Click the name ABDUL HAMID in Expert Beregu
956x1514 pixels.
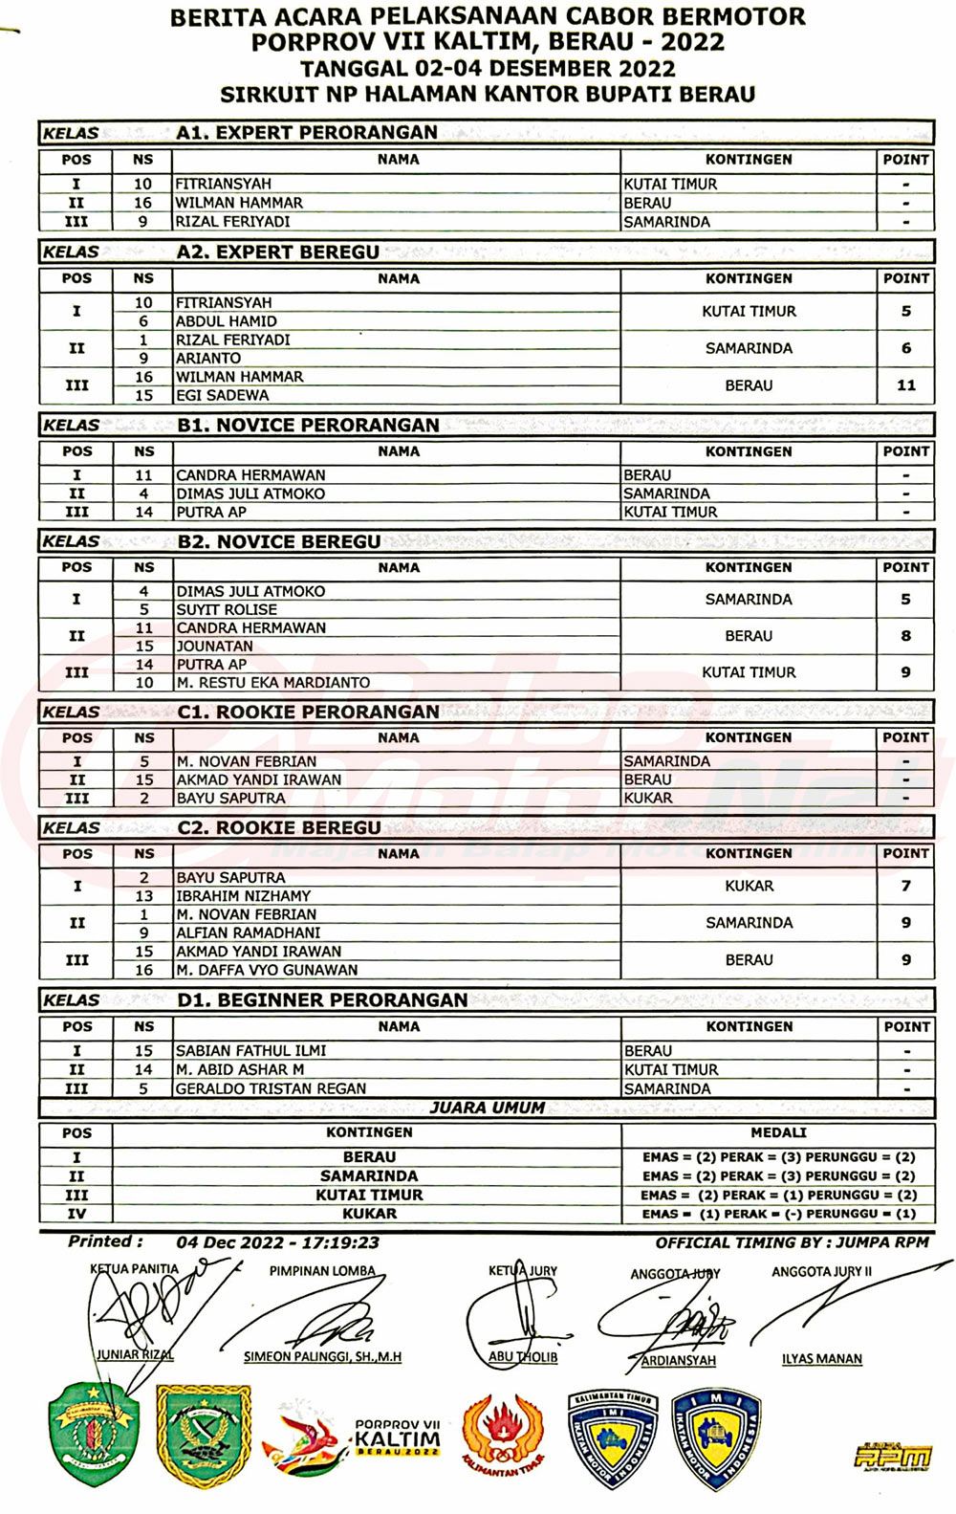tap(227, 321)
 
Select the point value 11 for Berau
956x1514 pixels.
tap(905, 385)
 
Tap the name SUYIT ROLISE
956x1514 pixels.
tap(227, 609)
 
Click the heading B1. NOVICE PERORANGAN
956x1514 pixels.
tap(308, 425)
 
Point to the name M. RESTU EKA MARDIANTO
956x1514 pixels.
tap(272, 682)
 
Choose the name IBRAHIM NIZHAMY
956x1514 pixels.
tap(243, 896)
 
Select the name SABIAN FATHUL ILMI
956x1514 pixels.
tap(250, 1050)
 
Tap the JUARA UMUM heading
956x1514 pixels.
tap(487, 1108)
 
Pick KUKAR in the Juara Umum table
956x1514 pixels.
tap(369, 1214)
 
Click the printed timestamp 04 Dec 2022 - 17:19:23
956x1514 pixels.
tap(277, 1242)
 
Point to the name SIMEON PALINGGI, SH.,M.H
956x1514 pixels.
tap(322, 1356)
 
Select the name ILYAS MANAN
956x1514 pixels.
tap(821, 1358)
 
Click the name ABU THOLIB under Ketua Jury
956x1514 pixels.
tap(523, 1356)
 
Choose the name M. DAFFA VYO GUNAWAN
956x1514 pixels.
tap(267, 970)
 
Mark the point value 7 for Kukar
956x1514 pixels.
tap(905, 886)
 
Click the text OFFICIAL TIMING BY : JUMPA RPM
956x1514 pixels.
tap(792, 1242)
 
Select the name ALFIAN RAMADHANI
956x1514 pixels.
tap(248, 933)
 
